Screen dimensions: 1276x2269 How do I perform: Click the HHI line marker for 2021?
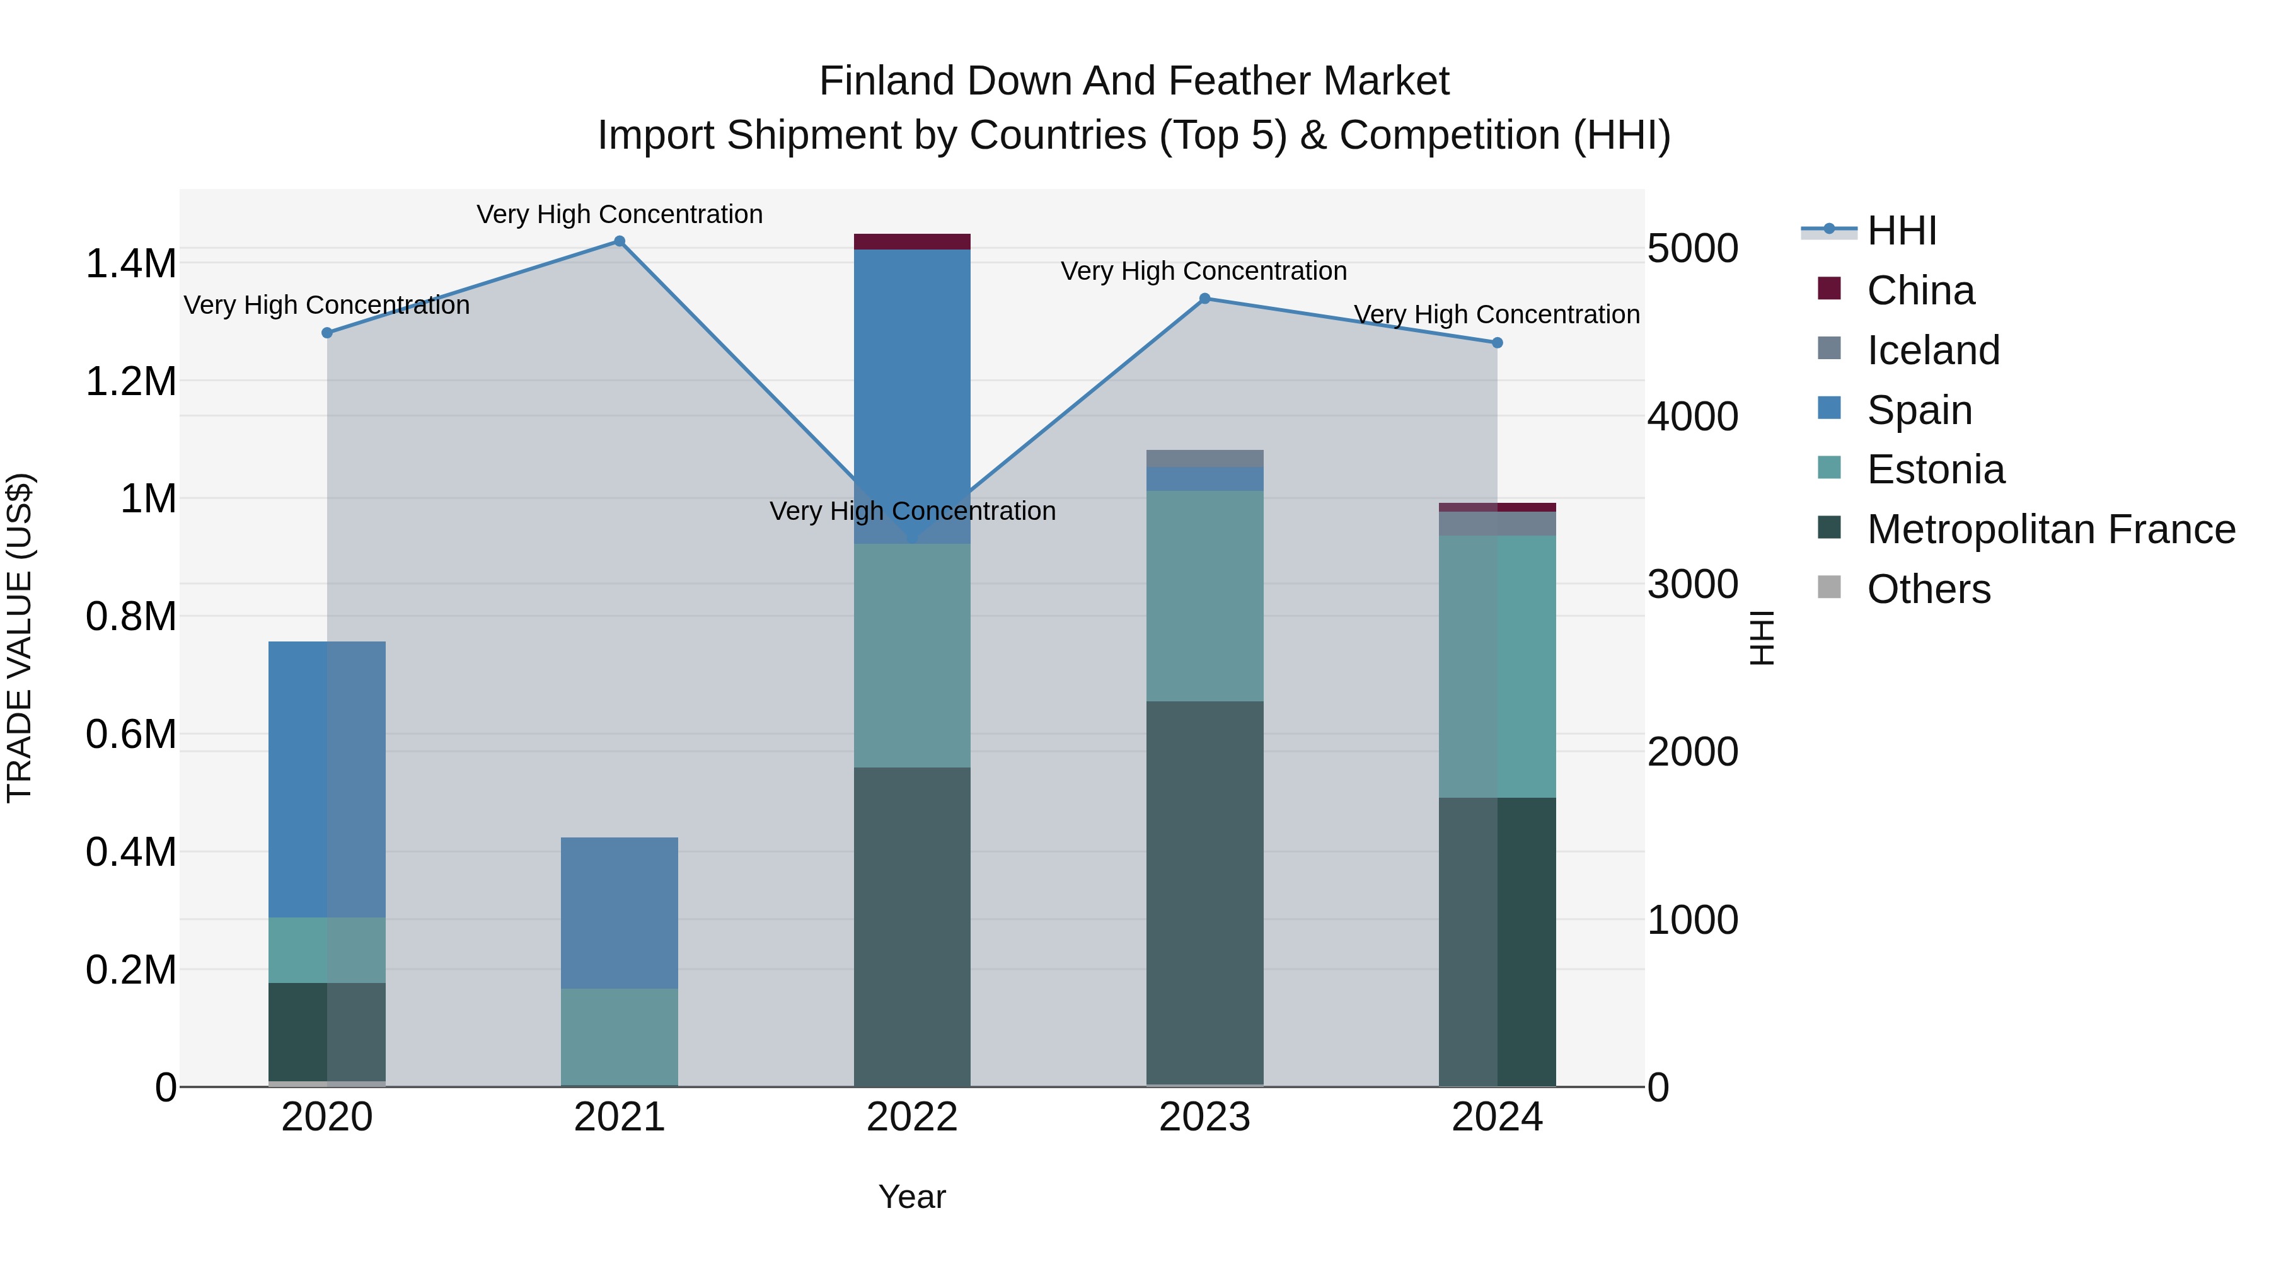point(619,241)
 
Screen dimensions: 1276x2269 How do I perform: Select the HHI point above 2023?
point(1205,299)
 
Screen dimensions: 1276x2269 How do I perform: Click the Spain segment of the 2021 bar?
point(619,912)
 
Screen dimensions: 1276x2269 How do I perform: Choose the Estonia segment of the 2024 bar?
point(1498,667)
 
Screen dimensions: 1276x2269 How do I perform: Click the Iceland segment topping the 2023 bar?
point(1205,458)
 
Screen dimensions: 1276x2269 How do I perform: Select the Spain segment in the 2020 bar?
point(326,779)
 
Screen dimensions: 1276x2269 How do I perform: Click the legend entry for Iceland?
point(1934,350)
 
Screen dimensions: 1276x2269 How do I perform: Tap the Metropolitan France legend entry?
point(2050,529)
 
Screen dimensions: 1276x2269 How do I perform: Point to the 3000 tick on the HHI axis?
point(1692,584)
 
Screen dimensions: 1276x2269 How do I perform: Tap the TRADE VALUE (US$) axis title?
point(20,638)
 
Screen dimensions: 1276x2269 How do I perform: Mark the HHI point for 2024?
point(1498,343)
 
